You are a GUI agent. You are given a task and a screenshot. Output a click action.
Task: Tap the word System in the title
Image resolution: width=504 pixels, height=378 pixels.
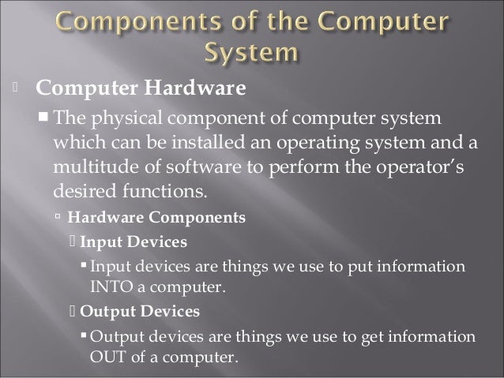[252, 53]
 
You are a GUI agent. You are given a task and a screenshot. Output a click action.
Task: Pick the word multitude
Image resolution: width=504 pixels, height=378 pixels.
[91, 167]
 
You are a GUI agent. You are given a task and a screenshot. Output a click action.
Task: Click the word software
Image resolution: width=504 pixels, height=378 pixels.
[195, 167]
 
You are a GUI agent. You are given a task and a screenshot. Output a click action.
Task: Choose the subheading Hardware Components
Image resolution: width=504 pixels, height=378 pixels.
[156, 217]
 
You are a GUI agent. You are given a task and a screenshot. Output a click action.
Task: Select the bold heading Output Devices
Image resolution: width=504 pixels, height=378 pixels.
[140, 311]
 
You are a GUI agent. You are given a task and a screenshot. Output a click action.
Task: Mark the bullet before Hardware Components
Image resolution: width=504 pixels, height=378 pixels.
[58, 217]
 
